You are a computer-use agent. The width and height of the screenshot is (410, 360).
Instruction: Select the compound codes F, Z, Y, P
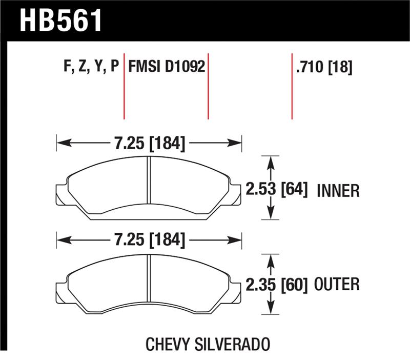[89, 67]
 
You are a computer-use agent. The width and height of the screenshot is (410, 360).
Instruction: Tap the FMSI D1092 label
[167, 67]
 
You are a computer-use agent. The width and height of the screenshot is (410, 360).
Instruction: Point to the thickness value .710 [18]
[323, 67]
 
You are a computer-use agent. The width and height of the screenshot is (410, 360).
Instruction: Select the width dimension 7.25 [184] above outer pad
[149, 239]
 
